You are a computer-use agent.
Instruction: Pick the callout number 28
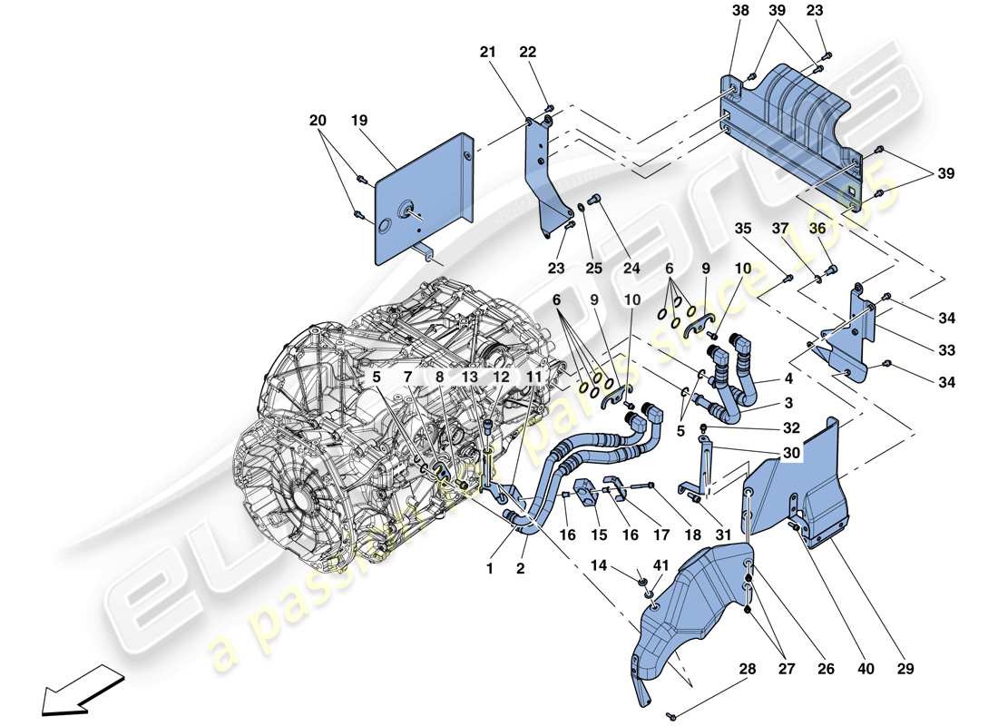(748, 670)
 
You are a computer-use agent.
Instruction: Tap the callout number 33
(948, 350)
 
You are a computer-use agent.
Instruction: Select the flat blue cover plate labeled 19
(422, 200)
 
